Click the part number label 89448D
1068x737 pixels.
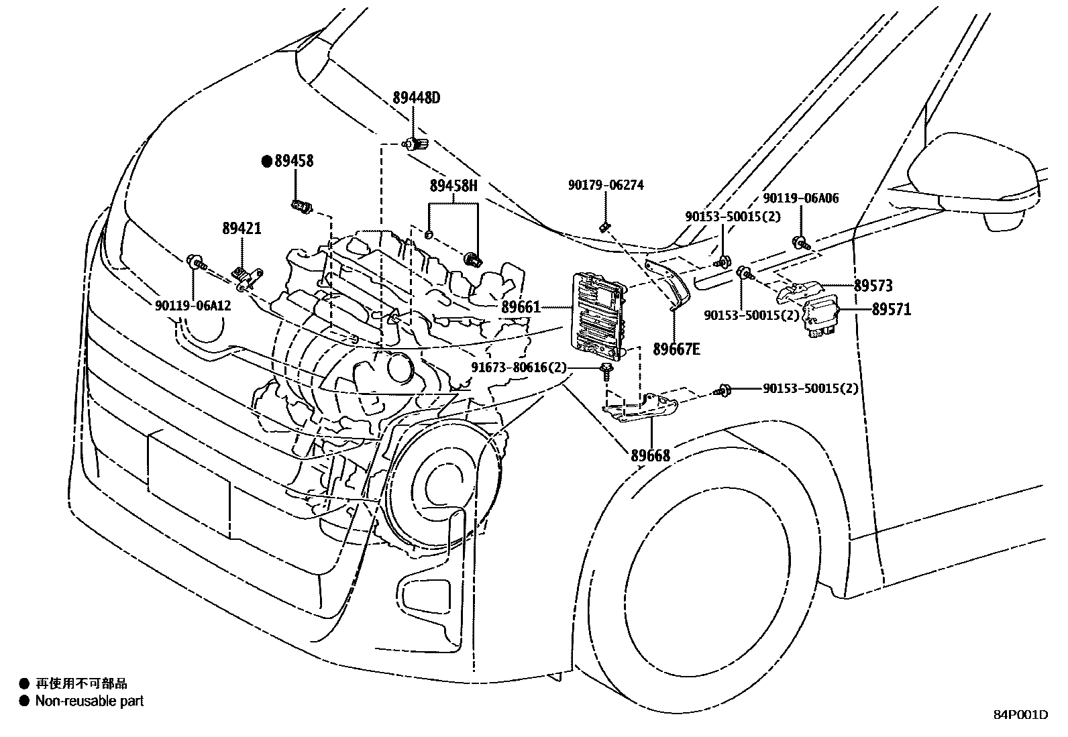point(416,99)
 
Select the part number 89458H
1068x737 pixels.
point(453,186)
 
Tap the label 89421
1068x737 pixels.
point(242,229)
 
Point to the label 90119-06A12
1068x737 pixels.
point(193,305)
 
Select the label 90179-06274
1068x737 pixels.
point(605,185)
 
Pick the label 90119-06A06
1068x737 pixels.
point(800,199)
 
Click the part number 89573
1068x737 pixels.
point(873,286)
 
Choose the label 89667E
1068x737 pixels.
point(676,349)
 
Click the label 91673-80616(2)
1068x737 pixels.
point(519,367)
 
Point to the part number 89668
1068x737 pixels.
point(650,456)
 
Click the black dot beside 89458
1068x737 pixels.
point(266,161)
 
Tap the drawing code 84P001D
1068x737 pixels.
point(1020,715)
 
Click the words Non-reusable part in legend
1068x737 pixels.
point(89,701)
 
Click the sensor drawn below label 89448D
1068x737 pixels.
point(414,144)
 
